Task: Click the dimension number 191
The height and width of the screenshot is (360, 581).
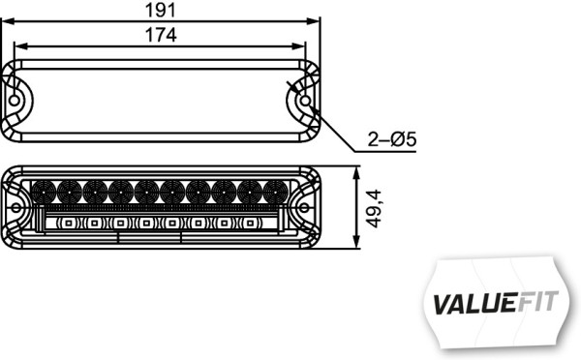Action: [x=161, y=10]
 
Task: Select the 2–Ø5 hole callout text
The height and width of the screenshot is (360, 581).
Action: [x=391, y=140]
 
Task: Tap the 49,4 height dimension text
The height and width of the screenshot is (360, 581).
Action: [x=373, y=208]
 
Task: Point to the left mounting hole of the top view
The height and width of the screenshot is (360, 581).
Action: [x=17, y=102]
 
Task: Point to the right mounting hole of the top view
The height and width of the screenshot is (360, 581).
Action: [x=304, y=101]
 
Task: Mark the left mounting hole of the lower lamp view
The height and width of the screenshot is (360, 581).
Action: [x=17, y=206]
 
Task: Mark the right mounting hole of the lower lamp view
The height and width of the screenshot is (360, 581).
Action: [x=304, y=206]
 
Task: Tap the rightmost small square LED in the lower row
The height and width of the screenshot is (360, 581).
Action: [x=251, y=224]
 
